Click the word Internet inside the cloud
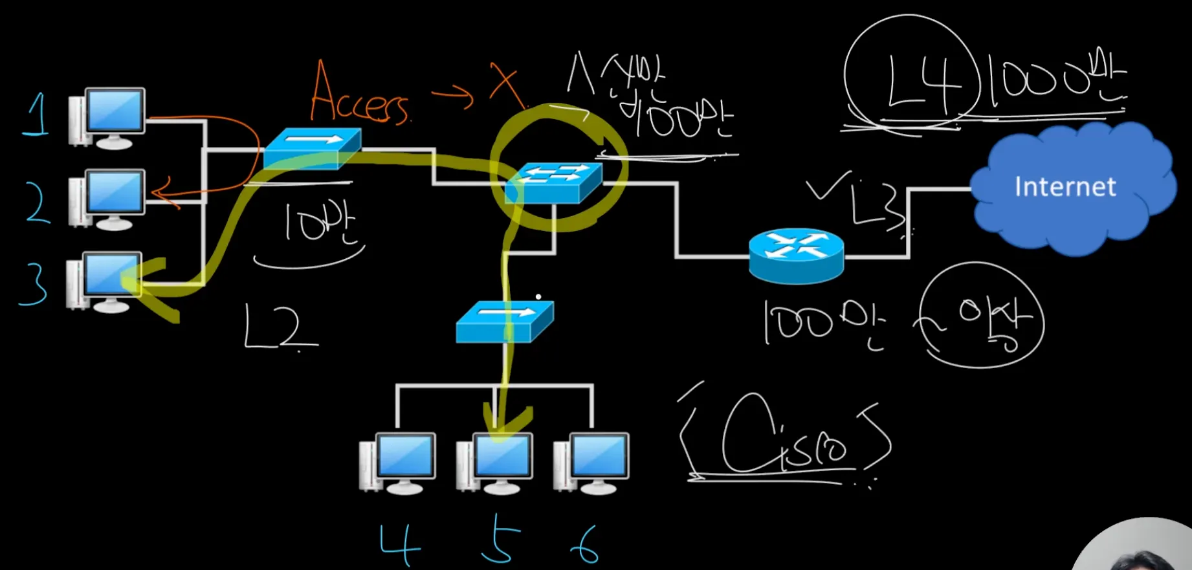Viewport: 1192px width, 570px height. [1065, 187]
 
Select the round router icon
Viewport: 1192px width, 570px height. [796, 255]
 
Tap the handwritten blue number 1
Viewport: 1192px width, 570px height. [37, 115]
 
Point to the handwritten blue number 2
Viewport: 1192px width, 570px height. [38, 203]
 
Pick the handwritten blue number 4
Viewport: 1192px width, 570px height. [399, 543]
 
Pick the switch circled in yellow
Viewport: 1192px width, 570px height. [553, 183]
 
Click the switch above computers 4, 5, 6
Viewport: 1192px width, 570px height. [505, 322]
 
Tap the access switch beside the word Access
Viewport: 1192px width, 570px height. [312, 148]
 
